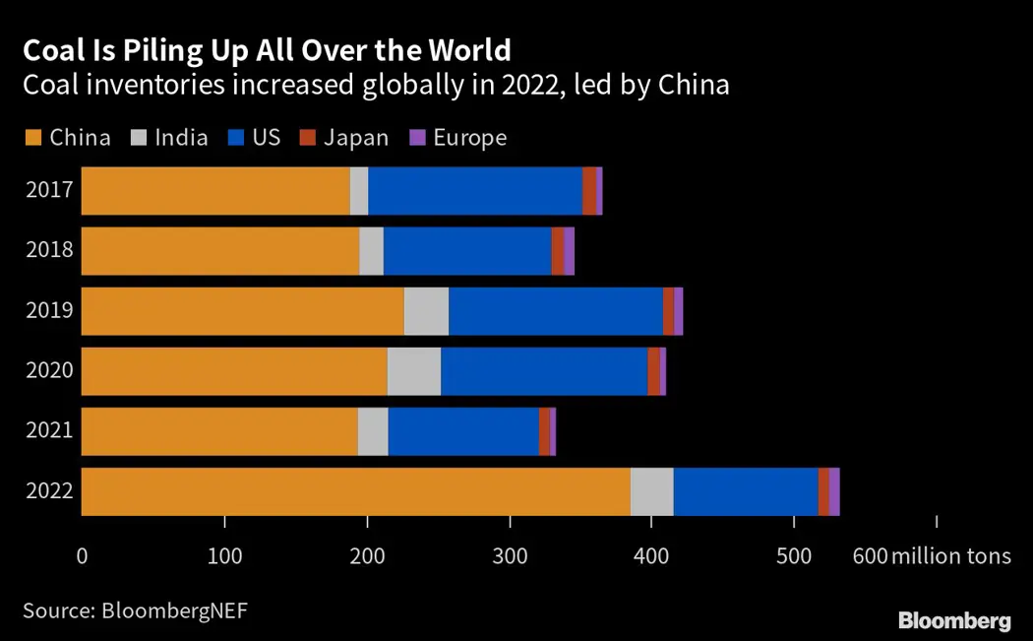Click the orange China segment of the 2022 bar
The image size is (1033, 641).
(355, 491)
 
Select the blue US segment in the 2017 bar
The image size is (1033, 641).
(475, 191)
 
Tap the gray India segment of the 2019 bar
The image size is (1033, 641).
(426, 311)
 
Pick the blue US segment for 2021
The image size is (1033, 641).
(463, 431)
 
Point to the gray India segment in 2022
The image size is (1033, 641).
(651, 491)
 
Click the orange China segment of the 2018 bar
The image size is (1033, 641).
(220, 251)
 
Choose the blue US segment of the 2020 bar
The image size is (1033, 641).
(544, 371)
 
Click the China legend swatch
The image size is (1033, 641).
(33, 138)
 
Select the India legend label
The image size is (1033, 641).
(182, 138)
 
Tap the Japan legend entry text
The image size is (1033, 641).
(357, 138)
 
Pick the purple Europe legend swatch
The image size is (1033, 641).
(416, 138)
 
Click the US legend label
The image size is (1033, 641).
(267, 138)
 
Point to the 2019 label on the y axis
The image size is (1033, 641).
(50, 311)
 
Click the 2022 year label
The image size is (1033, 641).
(50, 491)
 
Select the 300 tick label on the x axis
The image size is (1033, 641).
(510, 556)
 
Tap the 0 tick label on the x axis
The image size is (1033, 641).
(82, 556)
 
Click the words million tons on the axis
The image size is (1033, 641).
(950, 556)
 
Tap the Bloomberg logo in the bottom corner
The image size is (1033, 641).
(954, 620)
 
